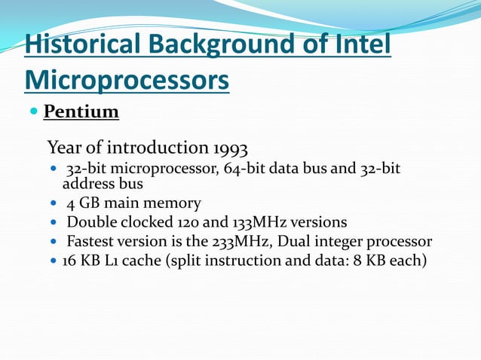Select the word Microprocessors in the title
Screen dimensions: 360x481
pos(127,78)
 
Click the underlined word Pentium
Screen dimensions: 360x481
pos(81,113)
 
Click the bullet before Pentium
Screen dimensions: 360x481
pos(32,112)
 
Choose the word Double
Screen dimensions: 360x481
pos(91,223)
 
